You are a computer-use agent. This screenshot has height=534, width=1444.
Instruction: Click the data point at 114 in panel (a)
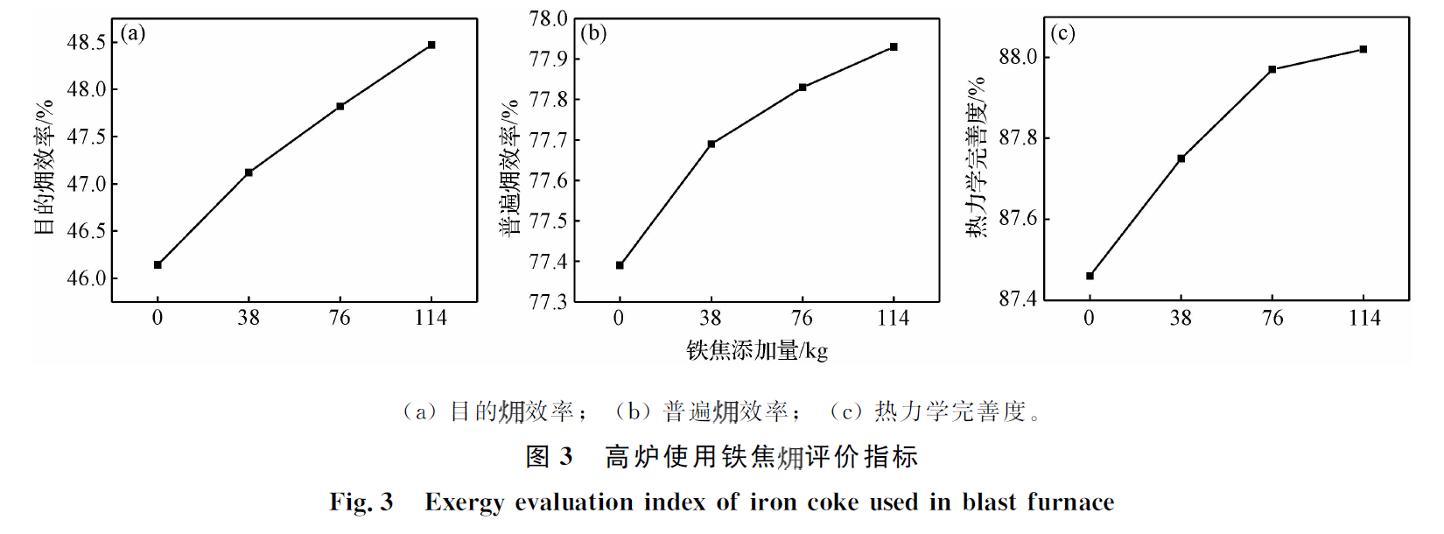point(431,45)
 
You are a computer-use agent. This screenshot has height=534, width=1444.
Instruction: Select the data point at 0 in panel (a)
point(158,264)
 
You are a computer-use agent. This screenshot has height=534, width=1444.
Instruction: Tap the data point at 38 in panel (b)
point(711,144)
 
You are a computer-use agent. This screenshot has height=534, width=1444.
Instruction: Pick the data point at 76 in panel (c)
point(1272,69)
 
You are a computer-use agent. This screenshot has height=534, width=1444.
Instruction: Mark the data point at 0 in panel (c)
point(1090,276)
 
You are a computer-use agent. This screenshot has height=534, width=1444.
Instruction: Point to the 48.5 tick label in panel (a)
point(87,42)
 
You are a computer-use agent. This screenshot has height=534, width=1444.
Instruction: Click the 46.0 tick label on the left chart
point(87,278)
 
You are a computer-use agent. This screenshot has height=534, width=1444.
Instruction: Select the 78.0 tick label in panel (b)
point(549,18)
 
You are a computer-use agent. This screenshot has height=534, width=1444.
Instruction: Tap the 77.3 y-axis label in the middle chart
point(549,302)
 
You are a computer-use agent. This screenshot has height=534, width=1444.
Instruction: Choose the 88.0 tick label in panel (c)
point(1018,57)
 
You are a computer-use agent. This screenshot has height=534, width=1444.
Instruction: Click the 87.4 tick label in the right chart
point(1018,299)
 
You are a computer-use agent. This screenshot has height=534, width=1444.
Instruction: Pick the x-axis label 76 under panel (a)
point(340,318)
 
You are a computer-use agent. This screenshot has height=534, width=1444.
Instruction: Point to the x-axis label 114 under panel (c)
point(1364,318)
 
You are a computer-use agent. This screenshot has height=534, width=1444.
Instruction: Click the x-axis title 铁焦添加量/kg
point(757,351)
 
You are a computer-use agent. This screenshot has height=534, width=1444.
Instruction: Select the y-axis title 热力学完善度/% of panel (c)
point(978,158)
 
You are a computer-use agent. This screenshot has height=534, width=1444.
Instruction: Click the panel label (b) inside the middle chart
point(593,33)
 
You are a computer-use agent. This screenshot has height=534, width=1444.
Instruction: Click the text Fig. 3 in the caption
point(361,502)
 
